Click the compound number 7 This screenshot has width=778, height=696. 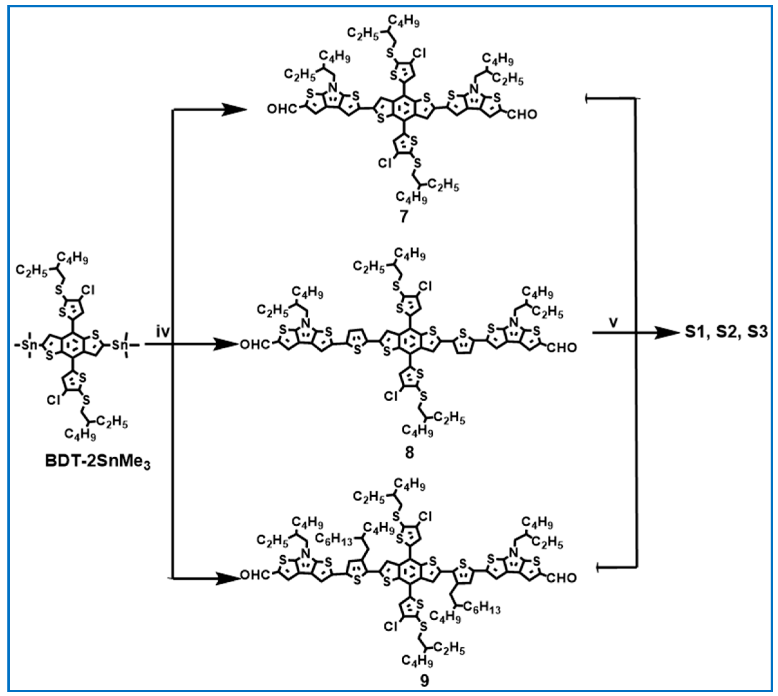[404, 217]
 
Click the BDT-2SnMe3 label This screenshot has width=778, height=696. [98, 462]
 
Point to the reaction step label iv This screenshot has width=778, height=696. [163, 331]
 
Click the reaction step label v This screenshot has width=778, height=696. [613, 322]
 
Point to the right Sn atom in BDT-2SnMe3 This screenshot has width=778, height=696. [120, 345]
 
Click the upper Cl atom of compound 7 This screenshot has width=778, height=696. [419, 53]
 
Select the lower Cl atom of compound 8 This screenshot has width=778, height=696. [391, 396]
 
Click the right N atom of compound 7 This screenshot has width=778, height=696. [474, 89]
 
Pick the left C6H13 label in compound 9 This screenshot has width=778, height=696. [333, 539]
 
